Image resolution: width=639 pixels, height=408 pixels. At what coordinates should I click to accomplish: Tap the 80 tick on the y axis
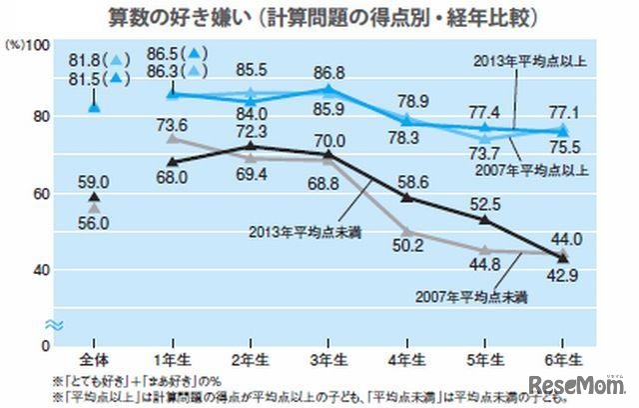click(x=39, y=118)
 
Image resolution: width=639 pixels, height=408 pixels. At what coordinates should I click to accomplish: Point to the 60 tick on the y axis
click(x=39, y=194)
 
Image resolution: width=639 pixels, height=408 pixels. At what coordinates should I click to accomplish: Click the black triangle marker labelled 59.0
click(x=94, y=198)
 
